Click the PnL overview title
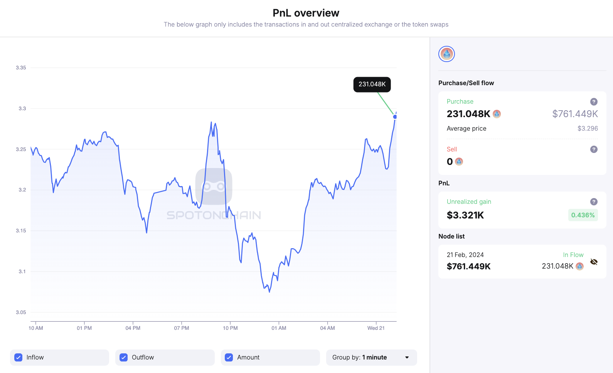point(306,13)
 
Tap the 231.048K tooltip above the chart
point(372,84)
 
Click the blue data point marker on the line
point(395,117)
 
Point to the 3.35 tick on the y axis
point(21,68)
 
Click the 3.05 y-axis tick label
point(21,313)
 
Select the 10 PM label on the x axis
point(230,328)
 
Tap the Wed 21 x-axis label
point(376,328)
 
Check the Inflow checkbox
point(19,358)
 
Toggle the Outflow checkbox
point(124,358)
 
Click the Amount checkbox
point(229,358)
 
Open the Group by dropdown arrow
point(407,358)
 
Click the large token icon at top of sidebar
point(446,54)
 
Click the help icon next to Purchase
point(594,102)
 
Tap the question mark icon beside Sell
point(594,150)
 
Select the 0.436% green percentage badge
point(583,215)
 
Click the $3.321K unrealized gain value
point(465,215)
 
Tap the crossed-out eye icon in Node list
point(594,262)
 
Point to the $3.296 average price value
point(588,129)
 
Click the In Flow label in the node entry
point(573,255)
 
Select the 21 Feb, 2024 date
point(465,255)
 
